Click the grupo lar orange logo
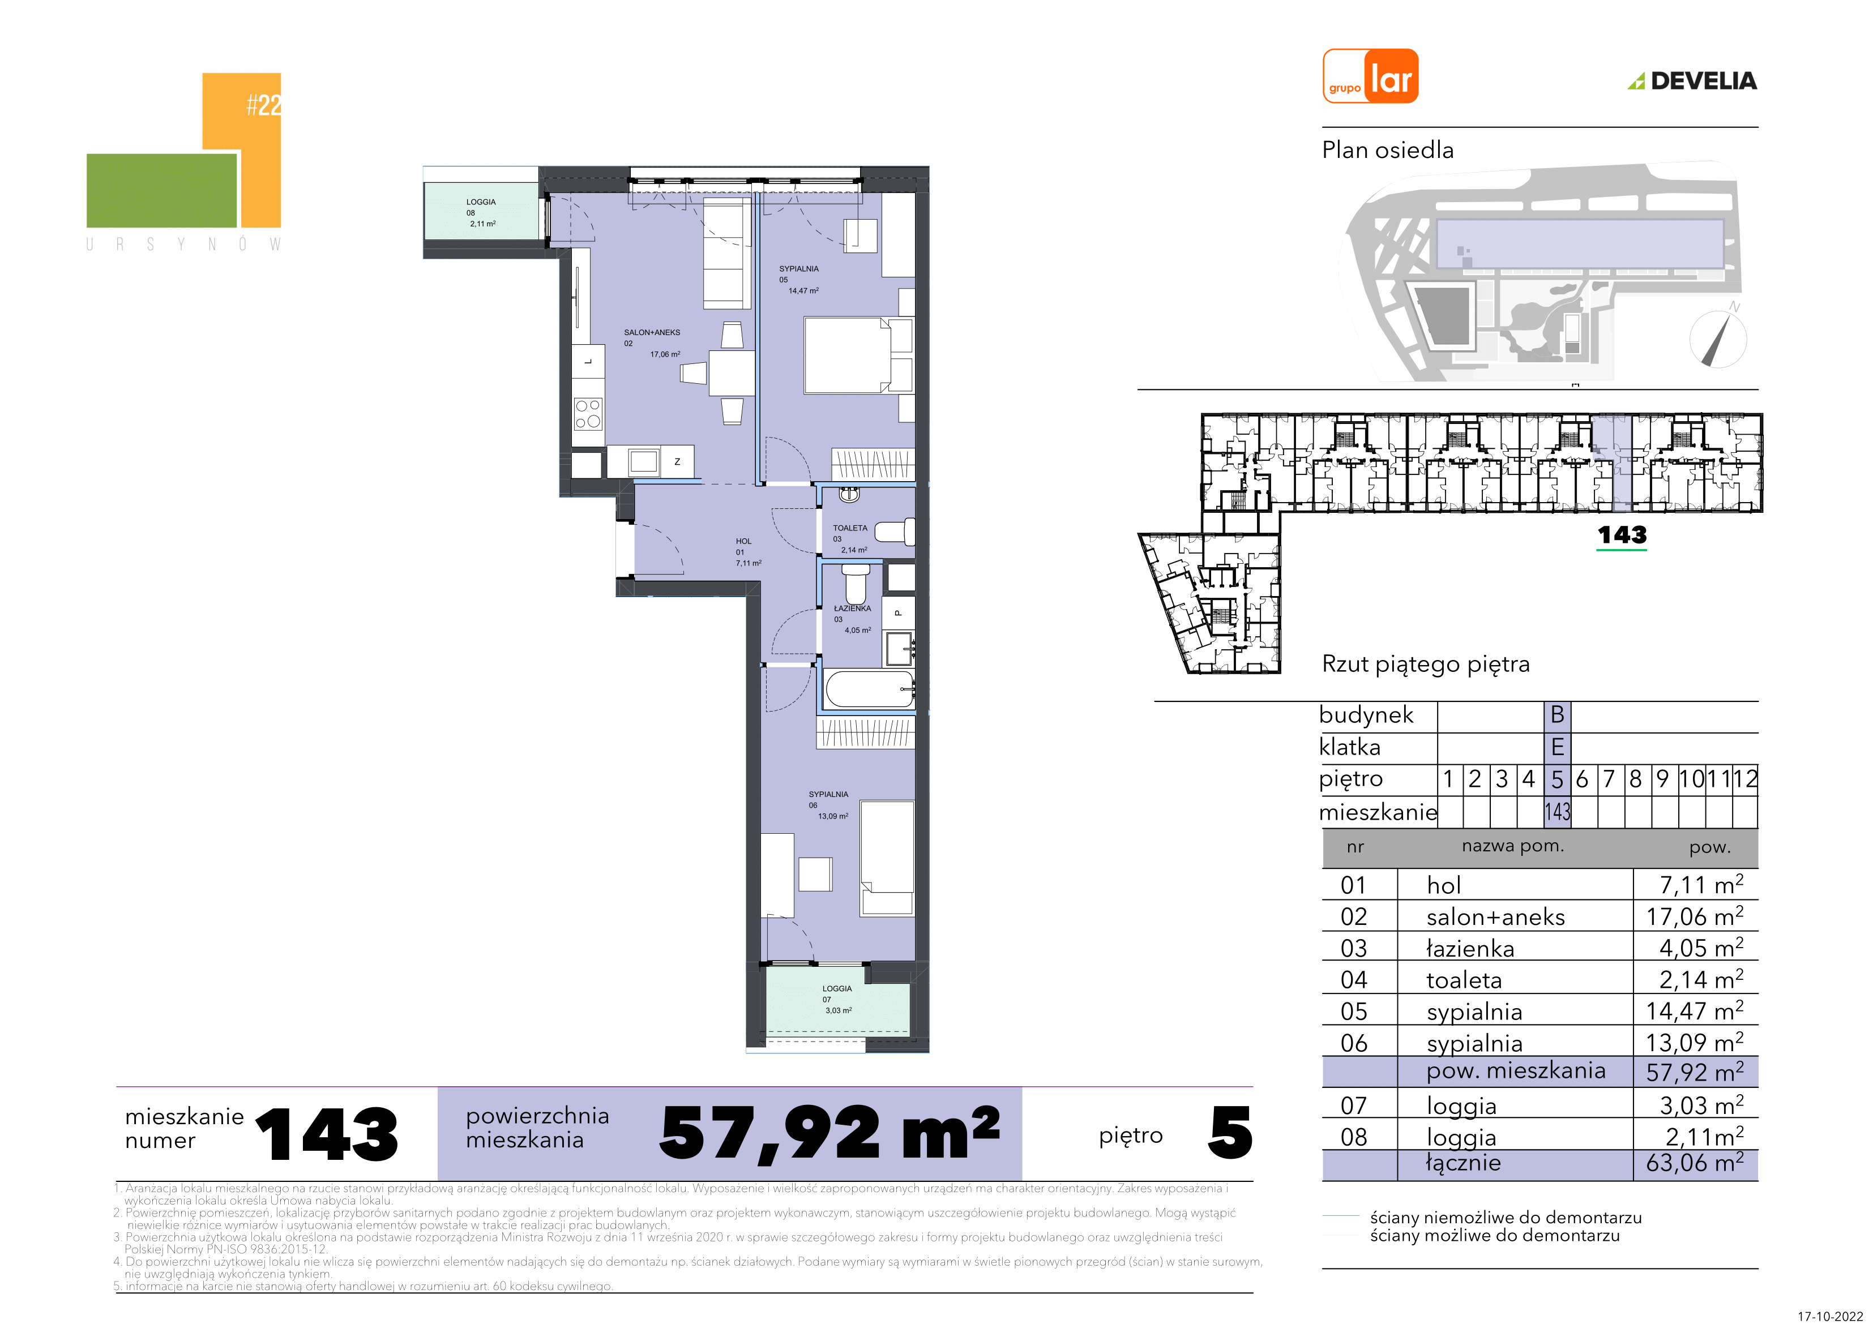[1370, 76]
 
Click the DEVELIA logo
[1692, 81]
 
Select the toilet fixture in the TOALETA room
[894, 532]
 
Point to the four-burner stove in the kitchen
[587, 414]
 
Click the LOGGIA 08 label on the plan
[481, 213]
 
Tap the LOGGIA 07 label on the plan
[837, 999]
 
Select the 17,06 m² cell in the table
[1694, 916]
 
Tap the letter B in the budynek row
[1557, 714]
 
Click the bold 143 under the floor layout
[1622, 535]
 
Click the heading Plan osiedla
[1388, 150]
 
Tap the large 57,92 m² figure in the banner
[829, 1133]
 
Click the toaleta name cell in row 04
[1464, 980]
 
